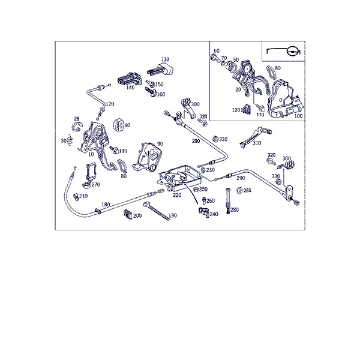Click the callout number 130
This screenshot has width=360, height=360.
165,59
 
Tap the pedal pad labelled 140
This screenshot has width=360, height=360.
129,79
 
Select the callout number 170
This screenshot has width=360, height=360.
110,104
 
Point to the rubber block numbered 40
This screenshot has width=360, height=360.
118,125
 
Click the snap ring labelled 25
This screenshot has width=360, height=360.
77,127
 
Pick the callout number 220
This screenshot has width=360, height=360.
177,195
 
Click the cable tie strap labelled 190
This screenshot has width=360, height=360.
157,211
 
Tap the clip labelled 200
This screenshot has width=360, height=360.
128,214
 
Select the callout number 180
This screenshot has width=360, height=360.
106,204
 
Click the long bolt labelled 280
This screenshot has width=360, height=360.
228,200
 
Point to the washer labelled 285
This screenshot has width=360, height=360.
239,191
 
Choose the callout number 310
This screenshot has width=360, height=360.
257,143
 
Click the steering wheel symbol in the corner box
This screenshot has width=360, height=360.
292,51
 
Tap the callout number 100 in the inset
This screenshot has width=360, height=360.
298,116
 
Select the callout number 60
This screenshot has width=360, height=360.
217,51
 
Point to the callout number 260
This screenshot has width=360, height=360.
211,200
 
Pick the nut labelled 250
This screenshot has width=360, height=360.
196,190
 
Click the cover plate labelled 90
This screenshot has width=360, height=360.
148,157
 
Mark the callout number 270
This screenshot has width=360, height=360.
96,184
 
